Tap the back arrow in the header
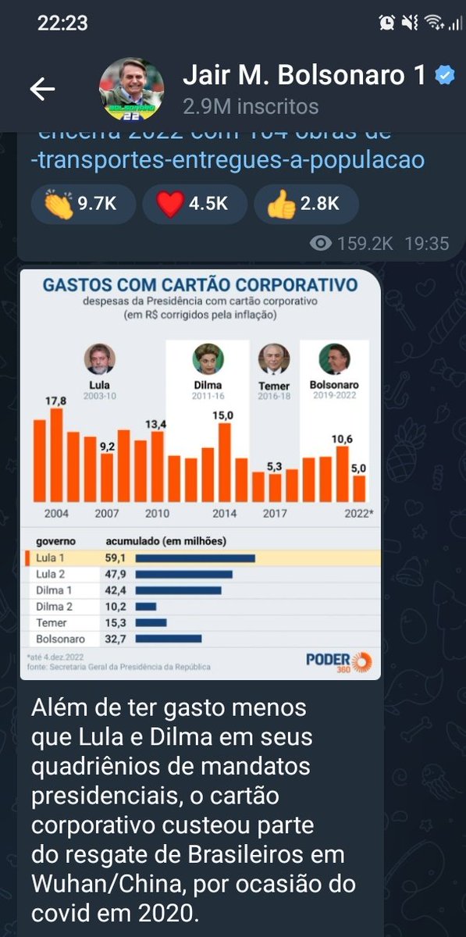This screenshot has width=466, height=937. tap(42, 89)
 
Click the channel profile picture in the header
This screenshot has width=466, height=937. tap(131, 88)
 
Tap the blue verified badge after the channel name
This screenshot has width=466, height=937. tap(443, 75)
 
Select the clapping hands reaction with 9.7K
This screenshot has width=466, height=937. tap(82, 204)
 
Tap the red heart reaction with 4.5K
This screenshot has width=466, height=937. tap(192, 204)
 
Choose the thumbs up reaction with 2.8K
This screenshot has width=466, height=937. tap(304, 204)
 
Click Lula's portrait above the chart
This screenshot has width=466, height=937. tap(99, 359)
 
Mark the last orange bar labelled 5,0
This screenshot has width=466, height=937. tap(359, 487)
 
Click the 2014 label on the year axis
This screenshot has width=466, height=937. tap(225, 513)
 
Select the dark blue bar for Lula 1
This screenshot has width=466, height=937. tap(195, 558)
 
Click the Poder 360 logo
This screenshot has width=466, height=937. tap(339, 661)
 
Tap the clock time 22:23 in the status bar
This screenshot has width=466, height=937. tap(62, 23)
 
